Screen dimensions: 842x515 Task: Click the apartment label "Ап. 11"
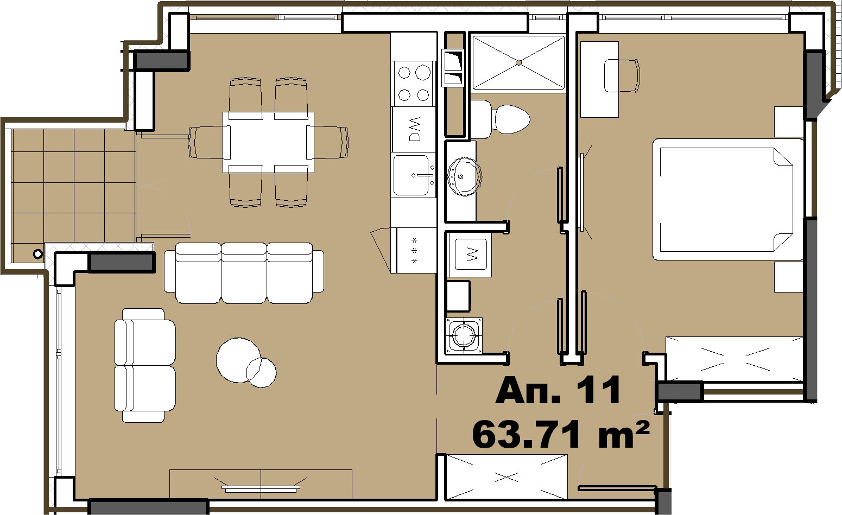pyautogui.click(x=558, y=390)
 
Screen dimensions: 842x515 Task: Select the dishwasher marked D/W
pyautogui.click(x=414, y=130)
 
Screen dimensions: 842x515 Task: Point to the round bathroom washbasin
pyautogui.click(x=465, y=176)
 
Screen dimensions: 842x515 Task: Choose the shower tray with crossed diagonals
pyautogui.click(x=519, y=63)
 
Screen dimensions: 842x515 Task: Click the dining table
pyautogui.click(x=268, y=142)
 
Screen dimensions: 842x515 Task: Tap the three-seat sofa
pyautogui.click(x=244, y=273)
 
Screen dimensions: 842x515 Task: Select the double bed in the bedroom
pyautogui.click(x=728, y=200)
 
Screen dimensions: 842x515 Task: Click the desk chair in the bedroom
pyautogui.click(x=622, y=75)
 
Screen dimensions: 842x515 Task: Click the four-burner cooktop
pyautogui.click(x=414, y=84)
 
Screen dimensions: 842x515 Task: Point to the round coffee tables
pyautogui.click(x=244, y=362)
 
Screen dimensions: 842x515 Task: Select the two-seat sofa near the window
pyautogui.click(x=145, y=366)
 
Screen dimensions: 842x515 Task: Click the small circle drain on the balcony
pyautogui.click(x=37, y=255)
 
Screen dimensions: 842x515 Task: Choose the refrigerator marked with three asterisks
pyautogui.click(x=415, y=250)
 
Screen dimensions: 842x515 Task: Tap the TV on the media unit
pyautogui.click(x=261, y=489)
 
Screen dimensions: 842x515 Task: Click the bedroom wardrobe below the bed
pyautogui.click(x=734, y=359)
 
